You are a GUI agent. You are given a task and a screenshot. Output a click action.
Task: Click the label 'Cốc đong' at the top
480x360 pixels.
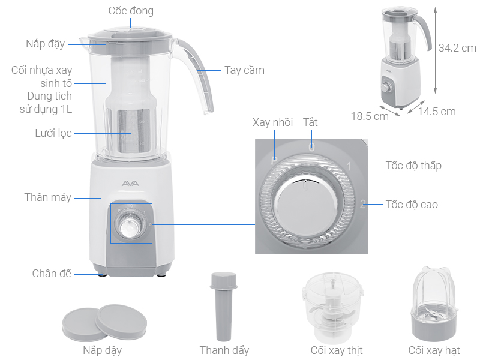pyautogui.click(x=130, y=11)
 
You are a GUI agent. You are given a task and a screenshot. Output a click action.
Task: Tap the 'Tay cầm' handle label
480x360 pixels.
pyautogui.click(x=244, y=70)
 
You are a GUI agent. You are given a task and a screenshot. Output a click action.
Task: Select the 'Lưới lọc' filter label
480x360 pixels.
pyautogui.click(x=53, y=133)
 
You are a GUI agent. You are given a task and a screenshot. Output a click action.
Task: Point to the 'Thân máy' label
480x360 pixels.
pyautogui.click(x=48, y=197)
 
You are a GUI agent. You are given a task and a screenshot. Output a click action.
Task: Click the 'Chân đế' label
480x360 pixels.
pyautogui.click(x=52, y=274)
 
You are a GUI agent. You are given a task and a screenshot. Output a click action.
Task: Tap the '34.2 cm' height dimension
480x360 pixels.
pyautogui.click(x=457, y=47)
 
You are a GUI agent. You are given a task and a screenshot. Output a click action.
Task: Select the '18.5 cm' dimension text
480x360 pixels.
pyautogui.click(x=370, y=116)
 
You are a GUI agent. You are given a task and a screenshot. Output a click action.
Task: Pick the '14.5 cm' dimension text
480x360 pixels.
pyautogui.click(x=437, y=112)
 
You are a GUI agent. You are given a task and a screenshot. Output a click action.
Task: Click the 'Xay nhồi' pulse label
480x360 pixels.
pyautogui.click(x=272, y=122)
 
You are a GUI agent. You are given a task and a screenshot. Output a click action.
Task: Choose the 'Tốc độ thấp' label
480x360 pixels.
pyautogui.click(x=413, y=165)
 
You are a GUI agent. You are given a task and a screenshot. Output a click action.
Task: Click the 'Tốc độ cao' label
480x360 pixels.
pyautogui.click(x=412, y=205)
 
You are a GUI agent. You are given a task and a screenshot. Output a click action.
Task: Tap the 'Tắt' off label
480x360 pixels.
pyautogui.click(x=310, y=122)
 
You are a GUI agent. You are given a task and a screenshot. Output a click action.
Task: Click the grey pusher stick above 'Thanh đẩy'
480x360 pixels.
pyautogui.click(x=224, y=305)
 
